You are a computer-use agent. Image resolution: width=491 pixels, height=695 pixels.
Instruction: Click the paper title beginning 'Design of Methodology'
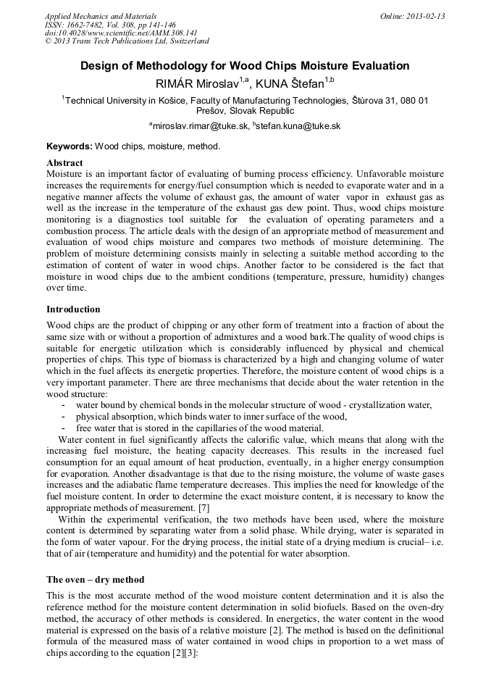(x=245, y=66)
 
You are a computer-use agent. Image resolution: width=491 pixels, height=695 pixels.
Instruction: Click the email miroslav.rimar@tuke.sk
(x=198, y=125)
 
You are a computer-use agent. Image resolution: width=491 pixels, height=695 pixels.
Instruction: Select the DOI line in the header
(x=121, y=33)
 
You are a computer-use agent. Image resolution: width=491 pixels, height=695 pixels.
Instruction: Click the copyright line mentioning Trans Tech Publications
(x=127, y=41)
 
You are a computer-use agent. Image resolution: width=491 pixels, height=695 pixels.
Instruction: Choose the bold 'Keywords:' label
(x=70, y=146)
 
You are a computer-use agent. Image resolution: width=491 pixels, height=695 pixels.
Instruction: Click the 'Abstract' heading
(x=64, y=163)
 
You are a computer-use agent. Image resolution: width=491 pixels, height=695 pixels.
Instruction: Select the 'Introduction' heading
(x=73, y=309)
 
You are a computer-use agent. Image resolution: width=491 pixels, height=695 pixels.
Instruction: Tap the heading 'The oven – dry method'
(x=95, y=580)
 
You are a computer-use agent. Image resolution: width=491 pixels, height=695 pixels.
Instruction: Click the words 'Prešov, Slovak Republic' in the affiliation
(x=245, y=111)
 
